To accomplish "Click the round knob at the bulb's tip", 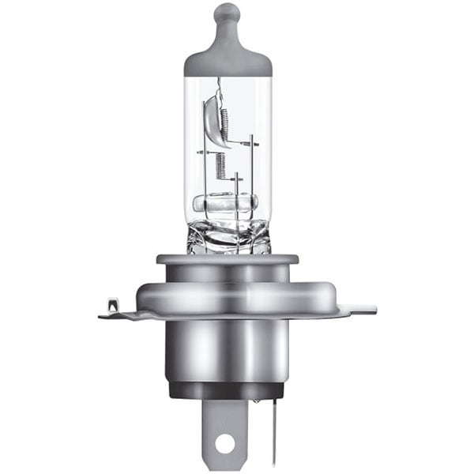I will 228,13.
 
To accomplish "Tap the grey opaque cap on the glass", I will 228,59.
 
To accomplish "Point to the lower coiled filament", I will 220,164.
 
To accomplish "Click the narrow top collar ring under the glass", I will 228,259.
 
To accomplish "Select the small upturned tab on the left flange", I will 111,303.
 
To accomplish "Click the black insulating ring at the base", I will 228,389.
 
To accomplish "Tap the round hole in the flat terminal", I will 225,443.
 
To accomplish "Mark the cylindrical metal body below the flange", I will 228,352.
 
